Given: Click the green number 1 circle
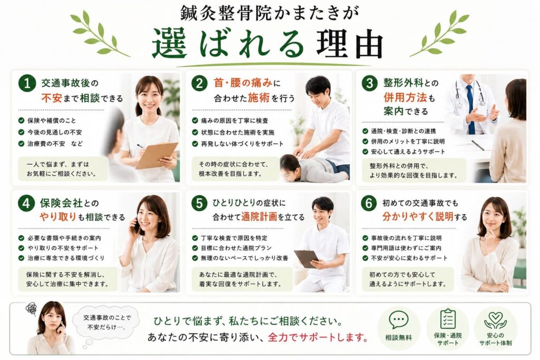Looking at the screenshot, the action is click(x=27, y=83).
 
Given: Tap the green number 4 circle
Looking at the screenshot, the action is click(x=26, y=203).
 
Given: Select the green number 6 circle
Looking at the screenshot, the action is click(x=369, y=203).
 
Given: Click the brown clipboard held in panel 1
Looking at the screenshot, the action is click(x=156, y=155).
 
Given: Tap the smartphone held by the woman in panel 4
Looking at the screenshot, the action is click(x=136, y=226).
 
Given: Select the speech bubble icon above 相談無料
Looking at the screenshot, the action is click(x=399, y=320).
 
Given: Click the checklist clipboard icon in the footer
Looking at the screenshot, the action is click(x=448, y=319).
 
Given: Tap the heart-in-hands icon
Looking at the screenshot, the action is click(x=495, y=320).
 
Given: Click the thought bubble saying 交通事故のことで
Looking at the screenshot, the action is click(x=107, y=323).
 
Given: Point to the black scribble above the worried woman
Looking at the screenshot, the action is click(x=31, y=308).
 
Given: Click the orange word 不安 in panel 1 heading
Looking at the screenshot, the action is click(x=52, y=99).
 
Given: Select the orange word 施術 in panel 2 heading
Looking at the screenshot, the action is click(x=258, y=99).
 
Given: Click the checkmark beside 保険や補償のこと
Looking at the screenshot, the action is click(x=21, y=121).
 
